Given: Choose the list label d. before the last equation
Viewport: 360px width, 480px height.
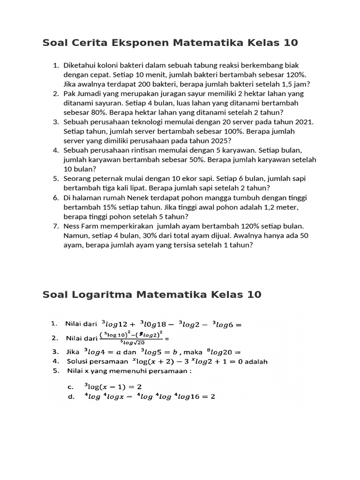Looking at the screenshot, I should (71, 396).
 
